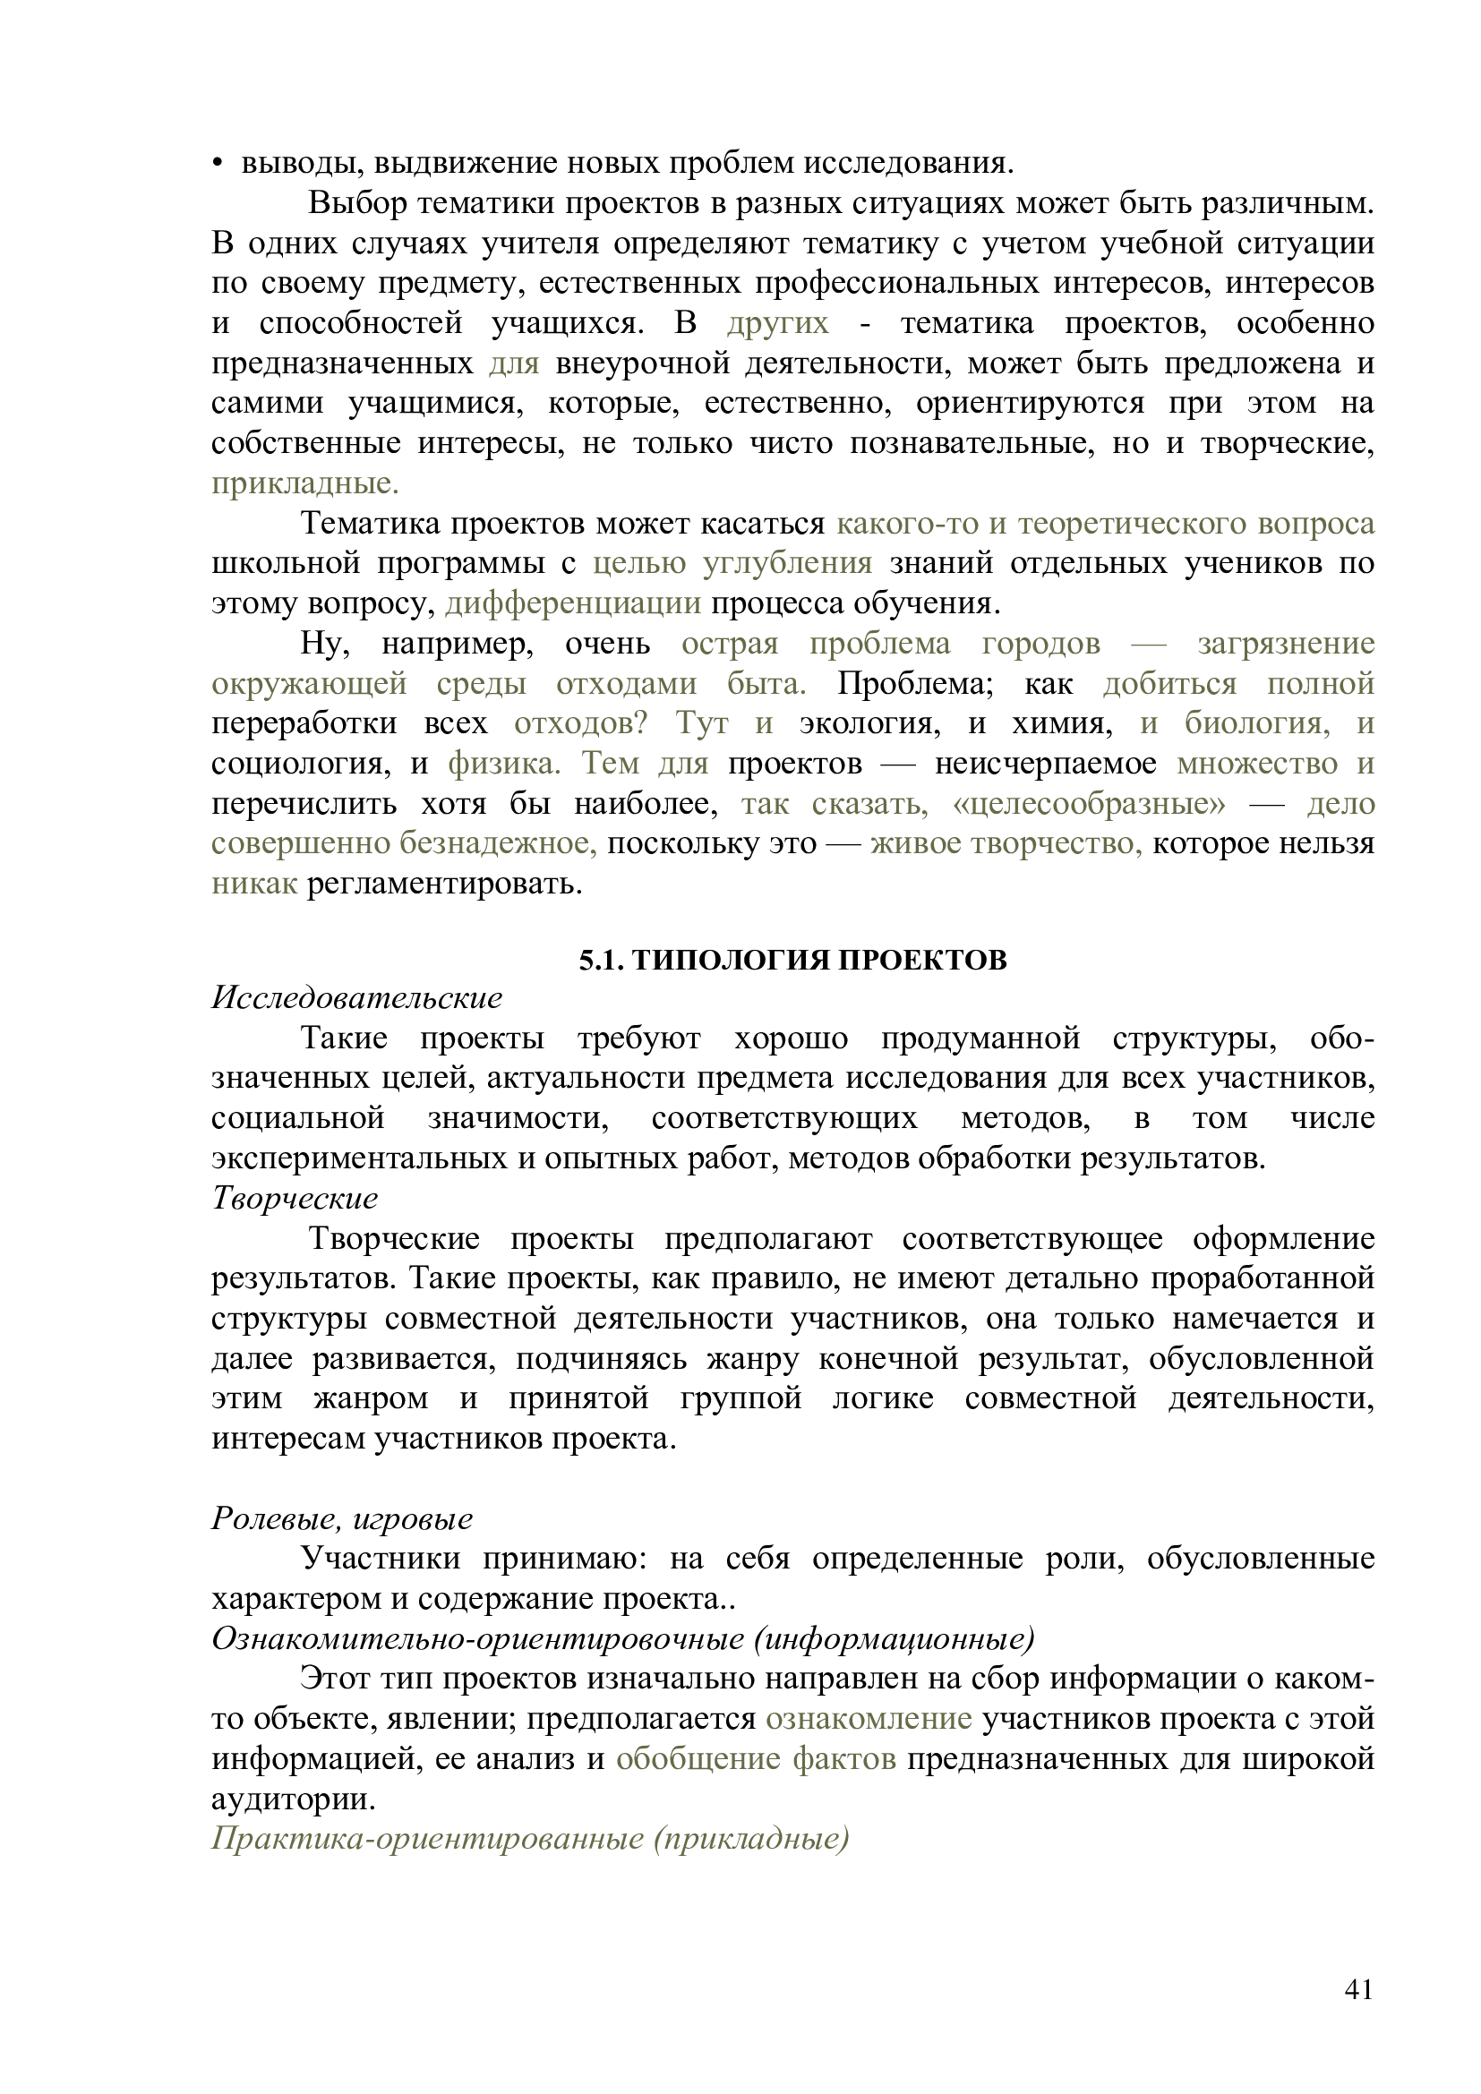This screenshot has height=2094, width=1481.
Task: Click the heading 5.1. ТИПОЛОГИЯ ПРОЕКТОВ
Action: (x=792, y=961)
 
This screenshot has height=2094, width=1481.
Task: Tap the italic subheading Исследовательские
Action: (x=356, y=997)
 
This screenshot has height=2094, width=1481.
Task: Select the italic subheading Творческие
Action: (x=295, y=1199)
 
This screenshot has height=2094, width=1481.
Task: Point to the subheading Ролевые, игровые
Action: (x=342, y=1518)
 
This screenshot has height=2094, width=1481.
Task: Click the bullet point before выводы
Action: (x=217, y=164)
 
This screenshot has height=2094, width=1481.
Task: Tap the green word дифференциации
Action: (x=573, y=603)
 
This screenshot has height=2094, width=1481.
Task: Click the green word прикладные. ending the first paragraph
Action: (x=304, y=483)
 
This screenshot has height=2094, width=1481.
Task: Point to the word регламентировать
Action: (x=444, y=885)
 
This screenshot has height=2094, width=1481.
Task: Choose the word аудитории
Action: (x=293, y=1799)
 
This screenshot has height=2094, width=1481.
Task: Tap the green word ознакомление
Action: (x=869, y=1719)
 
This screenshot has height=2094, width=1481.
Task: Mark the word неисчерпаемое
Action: (x=1045, y=765)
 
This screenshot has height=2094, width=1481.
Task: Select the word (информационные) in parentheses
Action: (x=894, y=1639)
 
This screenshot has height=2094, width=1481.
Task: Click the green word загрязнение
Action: (x=1285, y=644)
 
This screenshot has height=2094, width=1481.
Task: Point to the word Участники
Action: (x=381, y=1559)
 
